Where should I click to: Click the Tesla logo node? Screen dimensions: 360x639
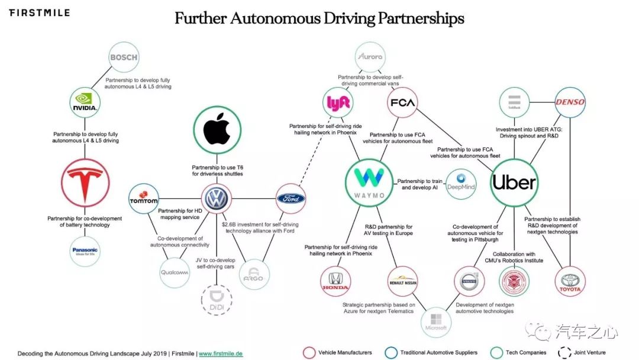pyautogui.click(x=86, y=183)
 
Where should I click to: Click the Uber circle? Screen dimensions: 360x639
pyautogui.click(x=514, y=182)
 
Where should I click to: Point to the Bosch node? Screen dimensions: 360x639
pyautogui.click(x=124, y=57)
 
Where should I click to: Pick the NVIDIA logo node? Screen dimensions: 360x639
pyautogui.click(x=84, y=103)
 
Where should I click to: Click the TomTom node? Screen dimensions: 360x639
pyautogui.click(x=144, y=199)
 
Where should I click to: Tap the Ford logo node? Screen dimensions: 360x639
pyautogui.click(x=291, y=199)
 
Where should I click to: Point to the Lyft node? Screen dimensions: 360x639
pyautogui.click(x=339, y=103)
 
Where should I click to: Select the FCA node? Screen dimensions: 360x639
pyautogui.click(x=402, y=103)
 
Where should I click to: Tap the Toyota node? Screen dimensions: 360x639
pyautogui.click(x=570, y=281)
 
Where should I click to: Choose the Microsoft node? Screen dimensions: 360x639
pyautogui.click(x=435, y=323)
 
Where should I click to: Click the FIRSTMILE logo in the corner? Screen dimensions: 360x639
pyautogui.click(x=39, y=12)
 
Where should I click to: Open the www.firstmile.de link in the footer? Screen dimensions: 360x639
pyautogui.click(x=221, y=353)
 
